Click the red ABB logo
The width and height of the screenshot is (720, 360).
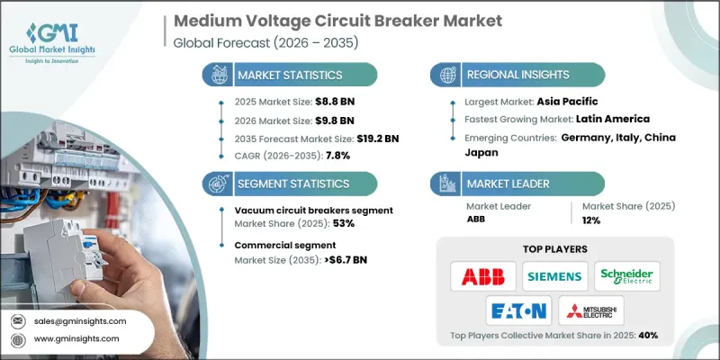[483, 275]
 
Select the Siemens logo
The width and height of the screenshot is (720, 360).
[554, 275]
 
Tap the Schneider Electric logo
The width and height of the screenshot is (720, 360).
[626, 275]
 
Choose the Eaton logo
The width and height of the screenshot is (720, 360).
[519, 310]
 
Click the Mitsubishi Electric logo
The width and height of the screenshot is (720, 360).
[591, 310]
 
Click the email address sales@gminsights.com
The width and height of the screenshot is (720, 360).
[80, 321]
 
